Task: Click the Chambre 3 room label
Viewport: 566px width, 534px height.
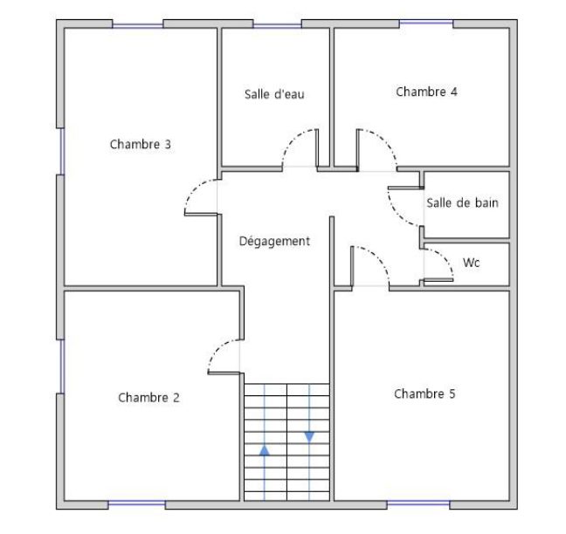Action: click(140, 144)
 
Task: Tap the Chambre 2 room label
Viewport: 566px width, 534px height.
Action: click(148, 397)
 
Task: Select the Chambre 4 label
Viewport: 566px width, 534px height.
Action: click(426, 92)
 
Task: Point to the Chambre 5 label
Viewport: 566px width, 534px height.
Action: click(424, 394)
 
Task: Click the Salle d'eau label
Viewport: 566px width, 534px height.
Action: click(274, 94)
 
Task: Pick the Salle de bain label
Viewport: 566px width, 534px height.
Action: click(462, 202)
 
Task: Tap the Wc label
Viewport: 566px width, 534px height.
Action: click(471, 263)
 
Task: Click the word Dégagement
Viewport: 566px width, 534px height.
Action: click(274, 241)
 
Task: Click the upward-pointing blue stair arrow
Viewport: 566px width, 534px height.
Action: click(265, 450)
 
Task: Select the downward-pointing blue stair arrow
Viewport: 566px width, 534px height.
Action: click(309, 436)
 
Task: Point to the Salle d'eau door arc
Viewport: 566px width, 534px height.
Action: click(293, 138)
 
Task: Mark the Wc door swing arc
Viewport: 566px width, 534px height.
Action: click(445, 257)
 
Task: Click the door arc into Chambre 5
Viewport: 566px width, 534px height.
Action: click(378, 257)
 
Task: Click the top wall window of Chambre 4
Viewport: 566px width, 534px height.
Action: click(426, 23)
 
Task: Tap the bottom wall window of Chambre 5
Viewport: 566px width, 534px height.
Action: click(418, 503)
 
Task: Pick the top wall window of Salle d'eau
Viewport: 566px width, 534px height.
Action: click(277, 25)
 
